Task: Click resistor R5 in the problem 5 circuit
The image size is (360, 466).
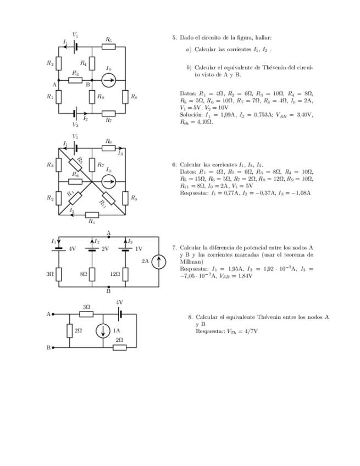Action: (x=109, y=47)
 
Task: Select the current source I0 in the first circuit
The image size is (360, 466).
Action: (x=109, y=80)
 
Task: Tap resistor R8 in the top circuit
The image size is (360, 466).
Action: (x=126, y=97)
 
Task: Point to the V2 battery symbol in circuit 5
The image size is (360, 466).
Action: (x=75, y=114)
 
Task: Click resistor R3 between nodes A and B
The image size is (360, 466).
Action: (x=75, y=80)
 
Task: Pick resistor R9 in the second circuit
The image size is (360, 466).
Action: (x=126, y=197)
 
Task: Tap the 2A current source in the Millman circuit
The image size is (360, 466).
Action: (x=158, y=262)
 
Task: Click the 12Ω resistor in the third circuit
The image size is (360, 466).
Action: (x=126, y=273)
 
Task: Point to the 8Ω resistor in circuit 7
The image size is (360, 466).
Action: (x=92, y=273)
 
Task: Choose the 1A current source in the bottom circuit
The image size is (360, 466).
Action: (x=103, y=331)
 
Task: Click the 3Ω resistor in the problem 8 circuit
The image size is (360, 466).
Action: (x=86, y=314)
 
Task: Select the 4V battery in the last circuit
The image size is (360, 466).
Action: (x=119, y=314)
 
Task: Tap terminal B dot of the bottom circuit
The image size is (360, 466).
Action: (x=53, y=347)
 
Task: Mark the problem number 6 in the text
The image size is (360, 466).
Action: (x=174, y=164)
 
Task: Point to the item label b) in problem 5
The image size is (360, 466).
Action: (x=189, y=67)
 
